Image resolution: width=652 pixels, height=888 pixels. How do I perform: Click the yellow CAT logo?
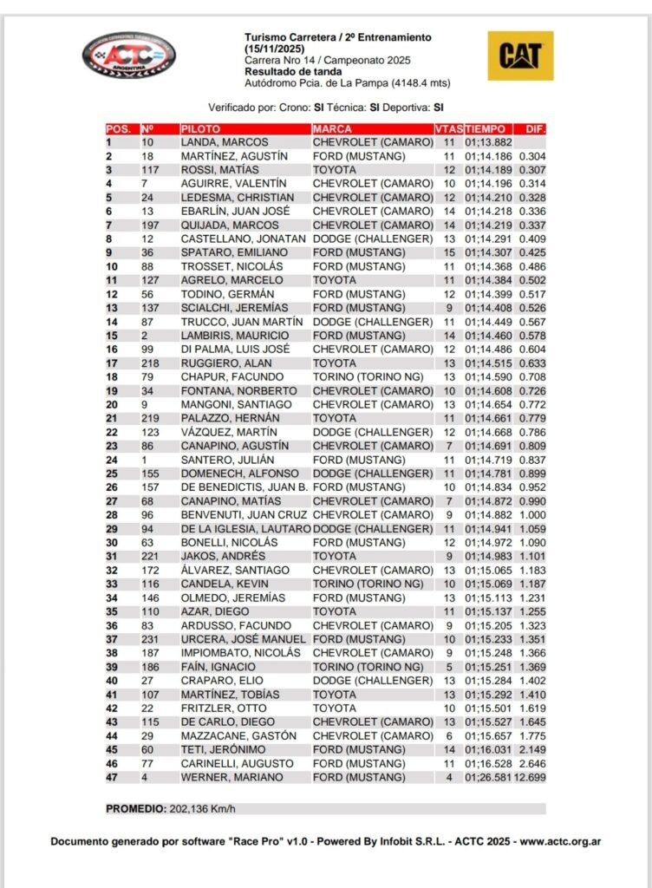click(520, 56)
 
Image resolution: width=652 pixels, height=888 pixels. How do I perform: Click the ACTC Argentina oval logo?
click(128, 56)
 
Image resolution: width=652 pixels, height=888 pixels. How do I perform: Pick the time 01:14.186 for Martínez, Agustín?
click(488, 156)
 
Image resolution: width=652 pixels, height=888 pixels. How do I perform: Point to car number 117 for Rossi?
click(150, 170)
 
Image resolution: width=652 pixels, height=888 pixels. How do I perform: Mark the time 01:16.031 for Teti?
click(488, 750)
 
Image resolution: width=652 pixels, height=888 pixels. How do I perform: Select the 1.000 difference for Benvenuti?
click(532, 515)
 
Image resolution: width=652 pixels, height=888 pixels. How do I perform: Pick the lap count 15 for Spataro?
click(449, 253)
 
